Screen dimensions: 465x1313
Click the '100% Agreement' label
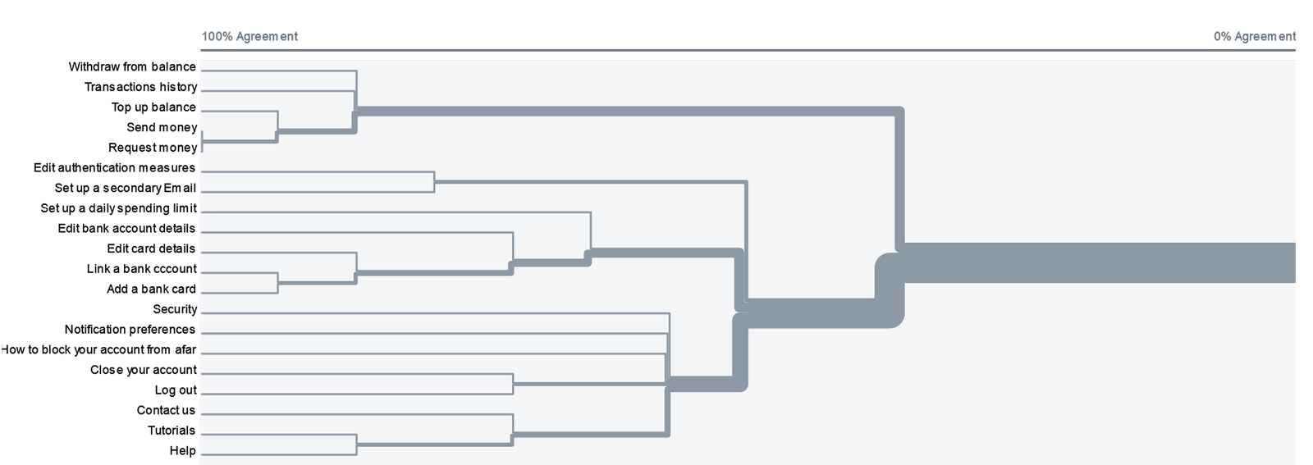pos(249,37)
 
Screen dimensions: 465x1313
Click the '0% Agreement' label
pos(1254,37)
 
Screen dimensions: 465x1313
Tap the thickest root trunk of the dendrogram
pos(1100,262)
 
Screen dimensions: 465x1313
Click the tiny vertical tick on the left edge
pos(202,141)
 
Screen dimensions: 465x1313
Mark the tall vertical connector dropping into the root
pos(900,176)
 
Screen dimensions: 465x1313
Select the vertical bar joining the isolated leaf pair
pos(434,182)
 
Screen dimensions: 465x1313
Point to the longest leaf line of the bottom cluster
pos(435,313)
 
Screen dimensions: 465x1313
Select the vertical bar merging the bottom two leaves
pos(357,444)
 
